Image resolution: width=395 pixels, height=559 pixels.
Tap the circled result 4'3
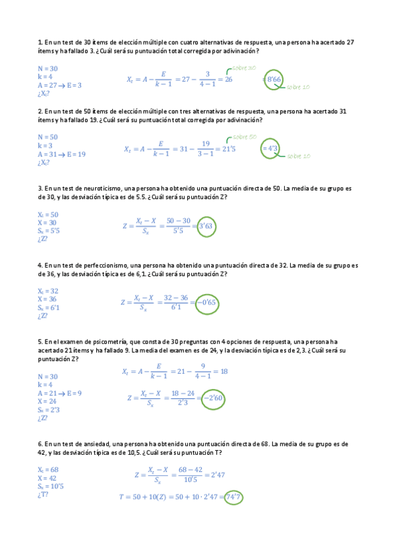coord(270,148)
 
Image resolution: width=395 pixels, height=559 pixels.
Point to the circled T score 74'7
coord(233,497)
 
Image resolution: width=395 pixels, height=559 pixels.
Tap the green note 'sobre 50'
coord(244,136)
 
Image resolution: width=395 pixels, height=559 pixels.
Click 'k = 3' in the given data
coord(46,146)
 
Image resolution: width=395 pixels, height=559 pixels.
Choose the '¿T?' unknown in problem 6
coord(44,495)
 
